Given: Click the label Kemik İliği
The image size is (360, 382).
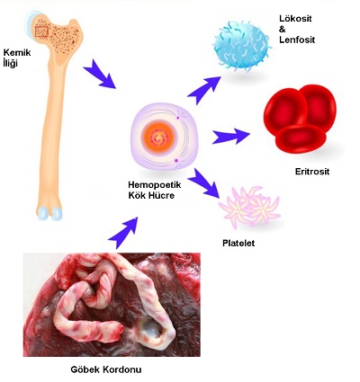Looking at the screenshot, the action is point(17,58).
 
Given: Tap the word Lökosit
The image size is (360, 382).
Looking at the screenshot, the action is point(295,19).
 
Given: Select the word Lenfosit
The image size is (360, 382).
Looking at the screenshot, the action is point(297,40).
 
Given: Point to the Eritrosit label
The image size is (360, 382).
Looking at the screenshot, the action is point(312,172).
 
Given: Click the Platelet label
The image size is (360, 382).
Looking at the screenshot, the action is point(238,243).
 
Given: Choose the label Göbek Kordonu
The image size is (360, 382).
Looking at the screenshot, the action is point(106,369).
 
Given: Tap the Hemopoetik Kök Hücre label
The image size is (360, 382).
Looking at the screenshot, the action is point(155,191).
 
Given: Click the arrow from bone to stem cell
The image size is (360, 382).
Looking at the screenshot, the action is point(99,75).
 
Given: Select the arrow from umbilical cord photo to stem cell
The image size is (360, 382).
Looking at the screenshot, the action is point(123,232).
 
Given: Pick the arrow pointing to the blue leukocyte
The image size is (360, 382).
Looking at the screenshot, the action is point(204,90).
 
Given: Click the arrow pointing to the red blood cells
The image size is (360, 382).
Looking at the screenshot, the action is point(231,137).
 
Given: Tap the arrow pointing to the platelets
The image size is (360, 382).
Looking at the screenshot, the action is point(204,182).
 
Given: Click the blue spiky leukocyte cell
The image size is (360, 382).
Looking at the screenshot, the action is point(242,46).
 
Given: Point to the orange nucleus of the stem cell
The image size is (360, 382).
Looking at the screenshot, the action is point(159,138).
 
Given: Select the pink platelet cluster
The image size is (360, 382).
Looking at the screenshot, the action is point(249,207).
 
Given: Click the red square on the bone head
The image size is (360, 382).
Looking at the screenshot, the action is point(41,31).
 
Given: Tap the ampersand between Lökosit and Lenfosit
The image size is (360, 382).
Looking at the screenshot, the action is point(283,30).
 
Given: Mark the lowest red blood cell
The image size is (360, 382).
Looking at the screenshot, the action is point(301,138).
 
